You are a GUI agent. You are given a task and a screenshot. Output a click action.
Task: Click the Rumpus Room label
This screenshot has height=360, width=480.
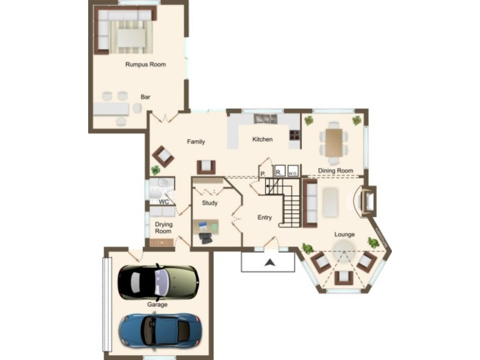pyautogui.click(x=145, y=64)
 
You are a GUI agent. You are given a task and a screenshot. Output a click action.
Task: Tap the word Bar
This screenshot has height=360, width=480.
pyautogui.click(x=145, y=97)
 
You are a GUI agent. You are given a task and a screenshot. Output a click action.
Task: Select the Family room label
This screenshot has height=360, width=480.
pyautogui.click(x=196, y=142)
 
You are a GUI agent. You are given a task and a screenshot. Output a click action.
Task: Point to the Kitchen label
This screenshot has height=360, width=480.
pyautogui.click(x=262, y=139)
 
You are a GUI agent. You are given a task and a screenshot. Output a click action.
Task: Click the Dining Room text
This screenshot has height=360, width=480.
pyautogui.click(x=335, y=170)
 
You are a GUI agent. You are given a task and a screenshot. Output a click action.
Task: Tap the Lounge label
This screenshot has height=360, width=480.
pyautogui.click(x=344, y=234)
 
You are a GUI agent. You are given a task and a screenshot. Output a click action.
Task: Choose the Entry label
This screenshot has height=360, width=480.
pyautogui.click(x=265, y=217)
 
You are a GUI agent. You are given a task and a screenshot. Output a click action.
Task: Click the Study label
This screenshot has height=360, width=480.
pyautogui.click(x=210, y=203)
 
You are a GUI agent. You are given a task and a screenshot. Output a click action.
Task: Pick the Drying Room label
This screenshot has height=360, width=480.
pyautogui.click(x=163, y=227)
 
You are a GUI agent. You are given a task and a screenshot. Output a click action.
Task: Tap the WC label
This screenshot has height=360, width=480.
pyautogui.click(x=163, y=202)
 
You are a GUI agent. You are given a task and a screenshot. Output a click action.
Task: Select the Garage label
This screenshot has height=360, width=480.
pyautogui.click(x=157, y=304)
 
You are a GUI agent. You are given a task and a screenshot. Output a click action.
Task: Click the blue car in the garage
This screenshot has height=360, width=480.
pyautogui.click(x=160, y=330)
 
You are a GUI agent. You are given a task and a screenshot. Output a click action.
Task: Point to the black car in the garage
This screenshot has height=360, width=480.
pyautogui.click(x=158, y=282)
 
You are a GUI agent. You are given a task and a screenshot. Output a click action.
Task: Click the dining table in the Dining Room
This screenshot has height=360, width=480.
pyautogui.click(x=334, y=142)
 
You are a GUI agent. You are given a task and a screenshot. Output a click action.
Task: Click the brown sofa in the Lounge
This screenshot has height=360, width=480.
pyautogui.click(x=310, y=202)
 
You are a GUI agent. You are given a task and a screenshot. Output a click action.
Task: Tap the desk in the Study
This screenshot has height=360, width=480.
pyautogui.click(x=205, y=227)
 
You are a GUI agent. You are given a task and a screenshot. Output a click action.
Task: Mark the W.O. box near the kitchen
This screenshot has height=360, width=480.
pyautogui.click(x=293, y=170)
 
